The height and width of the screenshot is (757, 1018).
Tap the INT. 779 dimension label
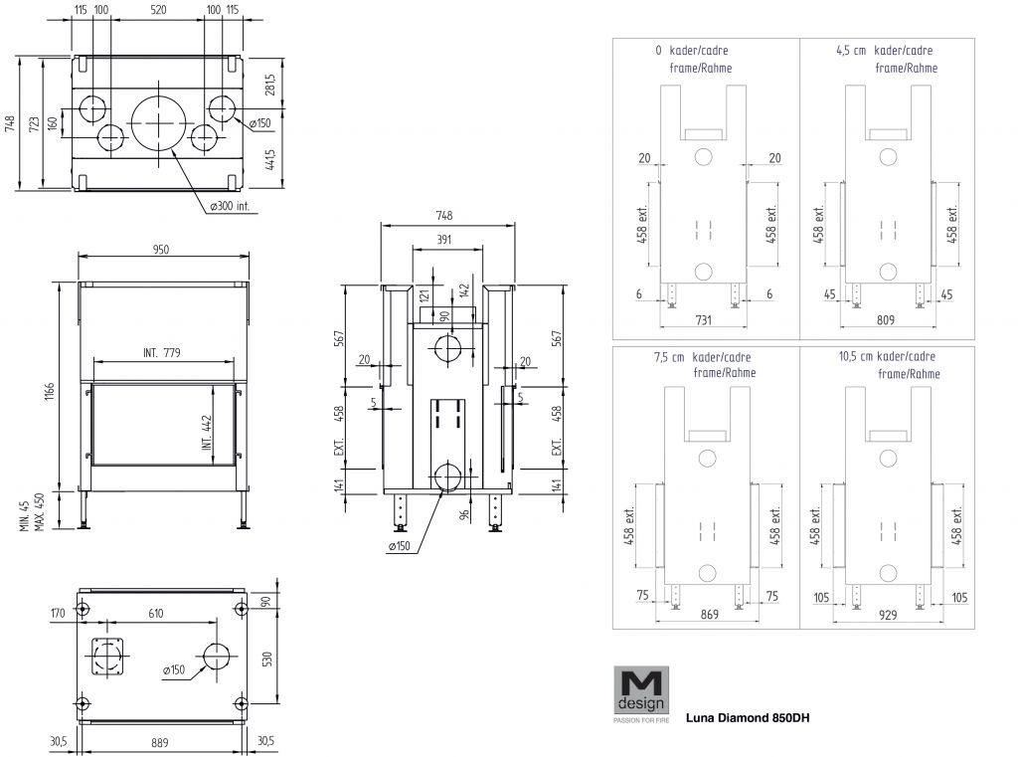[x=163, y=354]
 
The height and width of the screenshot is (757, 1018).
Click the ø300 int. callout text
[x=230, y=207]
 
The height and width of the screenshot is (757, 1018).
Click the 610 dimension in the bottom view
[x=156, y=614]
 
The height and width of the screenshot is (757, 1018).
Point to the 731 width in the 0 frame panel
[x=703, y=320]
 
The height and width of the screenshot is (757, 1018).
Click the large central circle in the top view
[x=158, y=121]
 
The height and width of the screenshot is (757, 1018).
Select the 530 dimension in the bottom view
[x=266, y=660]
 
